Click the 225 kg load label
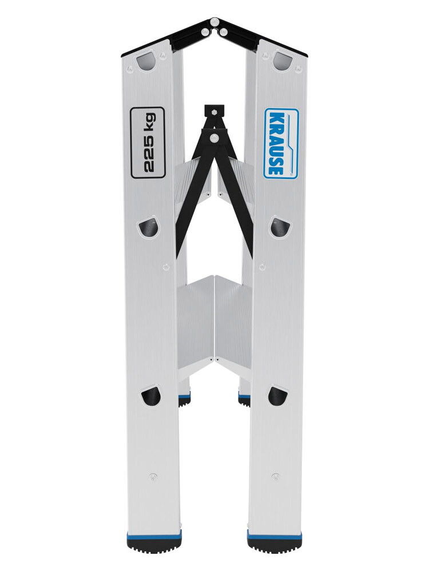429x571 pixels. click(148, 142)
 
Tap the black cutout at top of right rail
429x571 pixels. click(282, 60)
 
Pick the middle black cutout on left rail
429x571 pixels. click(149, 227)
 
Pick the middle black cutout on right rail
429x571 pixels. click(279, 226)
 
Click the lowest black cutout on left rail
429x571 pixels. click(150, 395)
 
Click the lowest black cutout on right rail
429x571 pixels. click(277, 395)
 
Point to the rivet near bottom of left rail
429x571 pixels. click(152, 476)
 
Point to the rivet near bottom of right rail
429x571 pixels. click(275, 476)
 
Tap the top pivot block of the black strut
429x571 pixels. click(214, 110)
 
